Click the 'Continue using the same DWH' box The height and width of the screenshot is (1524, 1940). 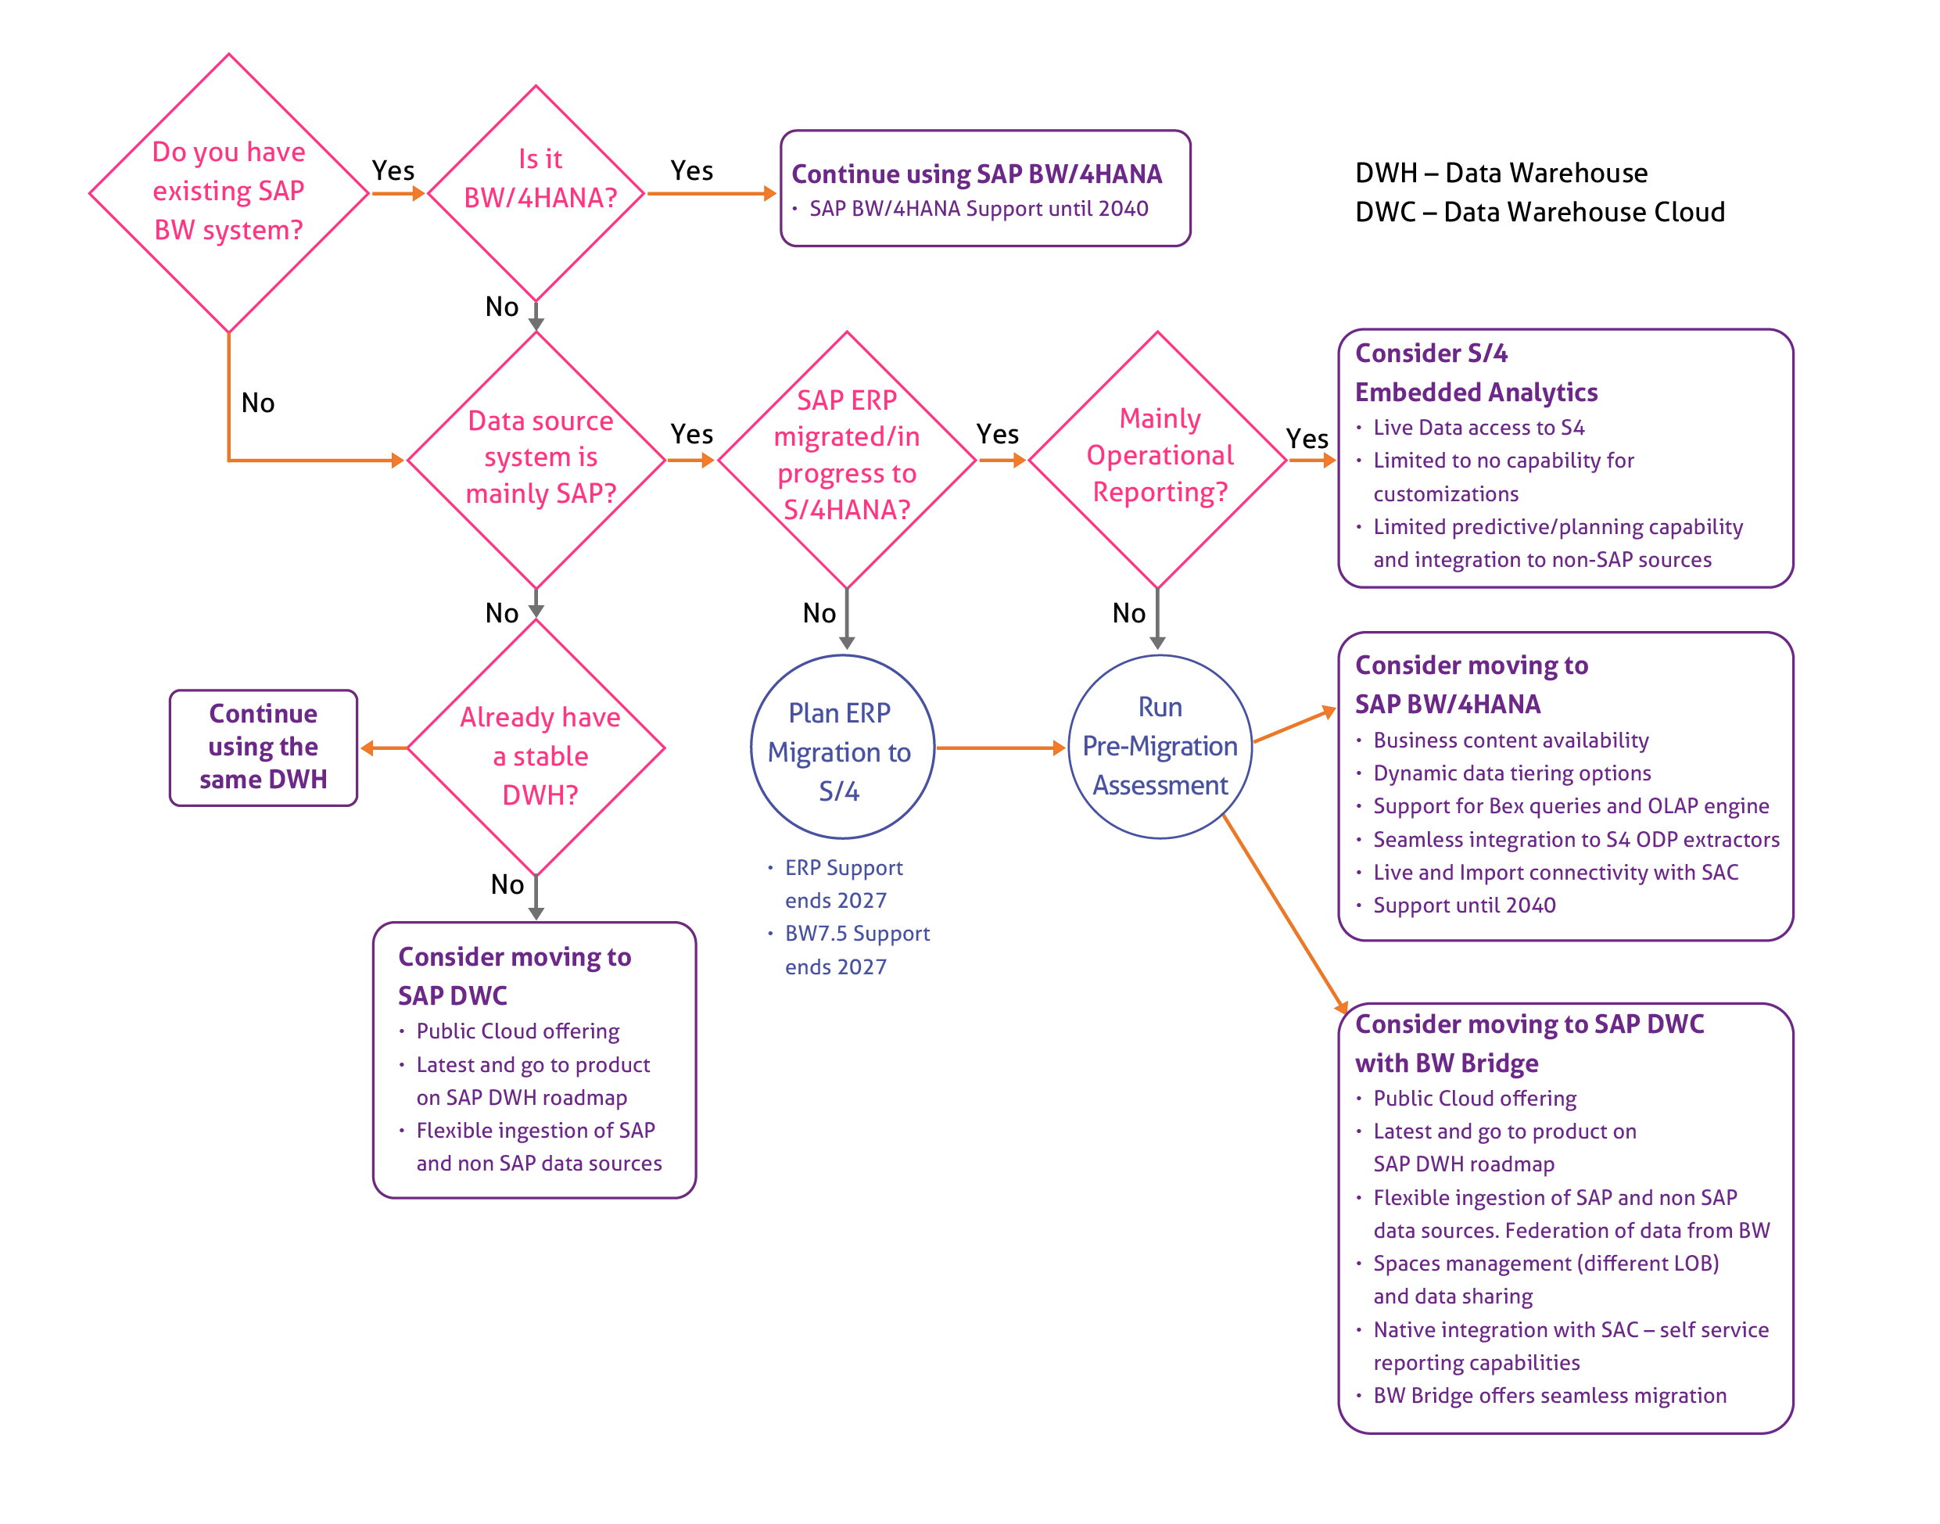[x=264, y=748]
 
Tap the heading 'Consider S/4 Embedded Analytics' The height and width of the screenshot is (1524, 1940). [x=1476, y=373]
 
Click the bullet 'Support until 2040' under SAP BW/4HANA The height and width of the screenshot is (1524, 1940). [x=1464, y=905]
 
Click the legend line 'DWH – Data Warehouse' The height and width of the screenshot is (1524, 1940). [x=1501, y=172]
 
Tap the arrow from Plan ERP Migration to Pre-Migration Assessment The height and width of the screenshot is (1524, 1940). [x=1001, y=748]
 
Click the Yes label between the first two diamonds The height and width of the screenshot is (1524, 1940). [x=393, y=170]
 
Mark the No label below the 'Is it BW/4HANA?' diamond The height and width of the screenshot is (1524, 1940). [x=501, y=307]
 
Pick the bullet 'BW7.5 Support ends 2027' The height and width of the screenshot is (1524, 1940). [x=848, y=949]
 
